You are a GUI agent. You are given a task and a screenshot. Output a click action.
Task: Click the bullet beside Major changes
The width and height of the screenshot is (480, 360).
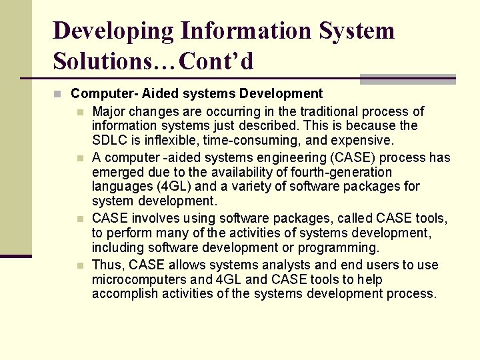coord(80,112)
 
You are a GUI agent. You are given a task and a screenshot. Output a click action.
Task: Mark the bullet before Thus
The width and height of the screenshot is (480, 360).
coord(80,265)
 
